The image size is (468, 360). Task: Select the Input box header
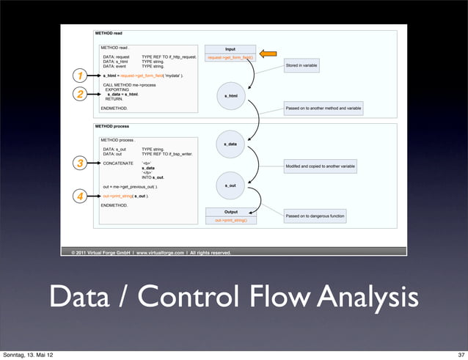[x=230, y=50]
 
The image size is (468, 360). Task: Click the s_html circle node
[x=230, y=95]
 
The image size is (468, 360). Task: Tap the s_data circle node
[x=230, y=144]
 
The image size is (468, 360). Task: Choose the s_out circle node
[x=230, y=185]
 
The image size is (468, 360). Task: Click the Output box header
[x=230, y=212]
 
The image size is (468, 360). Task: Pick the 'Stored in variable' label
[x=301, y=65]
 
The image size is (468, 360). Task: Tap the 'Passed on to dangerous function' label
[x=315, y=216]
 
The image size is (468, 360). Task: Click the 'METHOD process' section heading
[x=112, y=126]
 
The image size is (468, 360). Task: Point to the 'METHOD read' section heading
[x=109, y=33]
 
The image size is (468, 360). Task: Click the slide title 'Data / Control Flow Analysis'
[x=234, y=298]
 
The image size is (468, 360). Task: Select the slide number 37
[x=458, y=355]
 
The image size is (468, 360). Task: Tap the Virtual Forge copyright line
[x=150, y=252]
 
